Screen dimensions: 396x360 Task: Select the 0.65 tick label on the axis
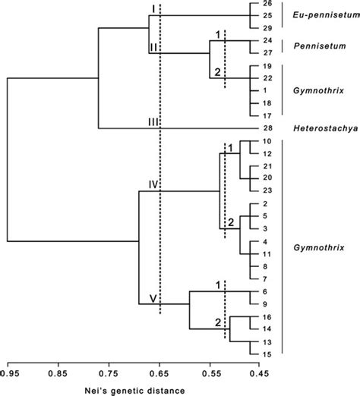[159, 372]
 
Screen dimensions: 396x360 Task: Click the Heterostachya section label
[320, 128]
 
